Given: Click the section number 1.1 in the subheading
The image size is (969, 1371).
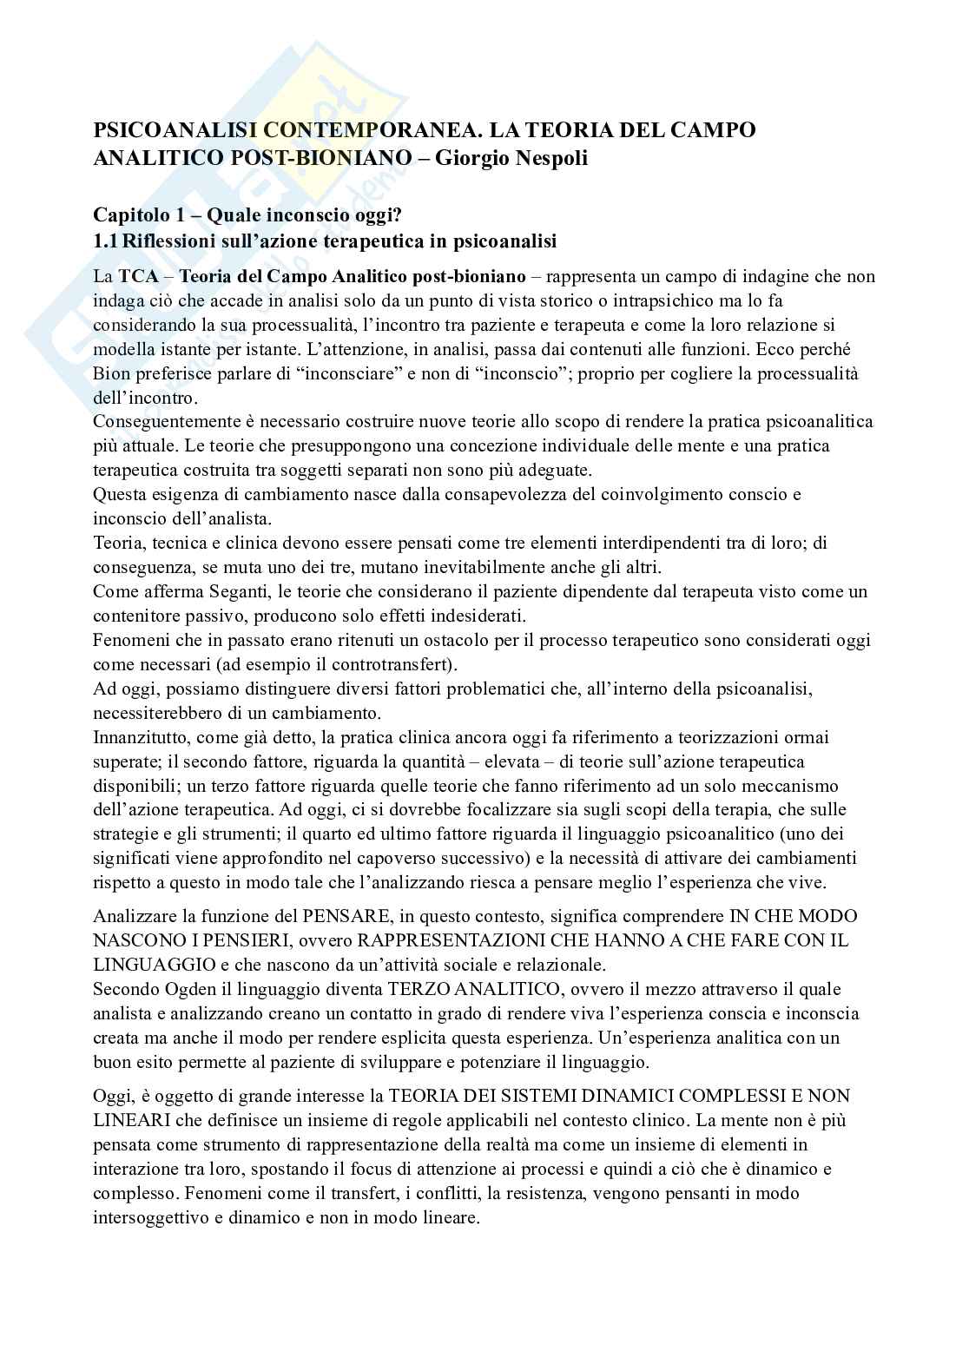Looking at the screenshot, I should coord(105,241).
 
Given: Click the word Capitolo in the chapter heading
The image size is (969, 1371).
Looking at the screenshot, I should coord(127,216).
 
